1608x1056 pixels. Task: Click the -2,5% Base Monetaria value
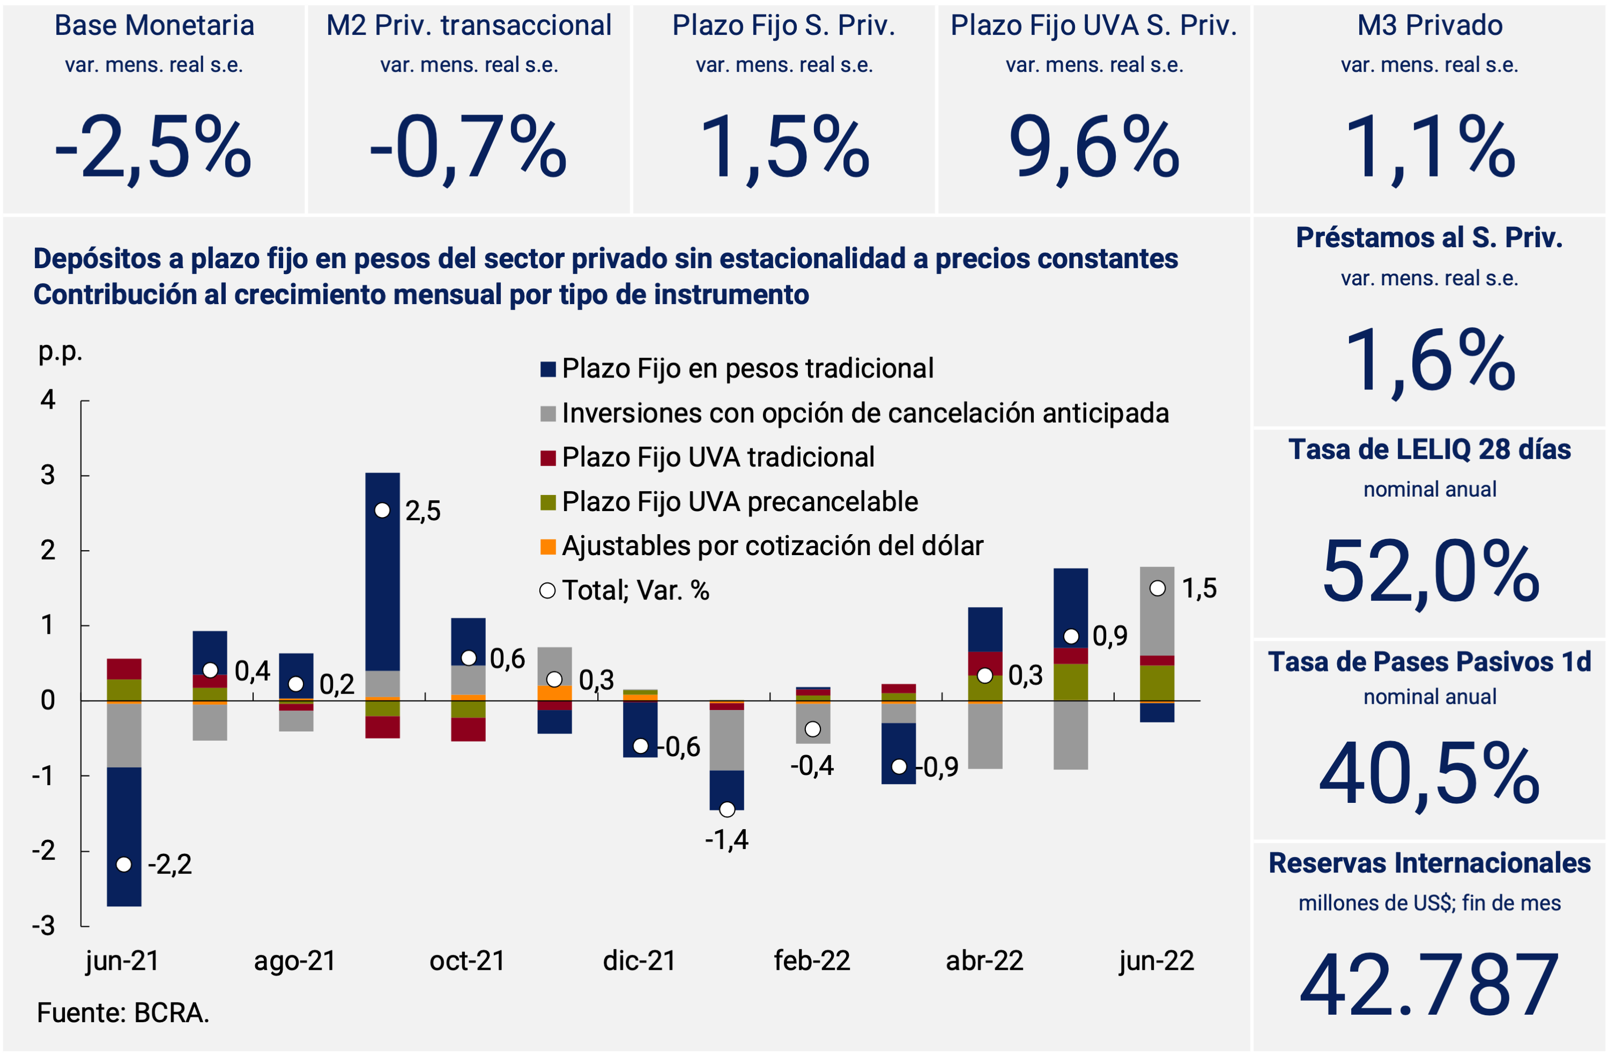(153, 147)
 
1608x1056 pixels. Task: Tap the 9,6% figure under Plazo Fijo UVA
(1093, 147)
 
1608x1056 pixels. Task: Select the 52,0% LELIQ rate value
(1429, 572)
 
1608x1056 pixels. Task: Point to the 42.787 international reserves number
(1429, 985)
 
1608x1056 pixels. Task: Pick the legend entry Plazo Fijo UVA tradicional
(717, 457)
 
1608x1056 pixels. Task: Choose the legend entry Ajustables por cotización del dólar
(772, 546)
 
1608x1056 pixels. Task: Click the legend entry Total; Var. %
(635, 591)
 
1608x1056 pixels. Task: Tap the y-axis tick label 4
(48, 400)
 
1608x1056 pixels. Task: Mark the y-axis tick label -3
(45, 926)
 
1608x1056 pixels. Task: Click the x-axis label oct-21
(468, 961)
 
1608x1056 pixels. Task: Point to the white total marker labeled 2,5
(382, 511)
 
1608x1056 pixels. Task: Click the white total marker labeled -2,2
(124, 865)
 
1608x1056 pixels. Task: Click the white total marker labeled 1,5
(1158, 588)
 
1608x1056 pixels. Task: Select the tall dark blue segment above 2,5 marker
(382, 574)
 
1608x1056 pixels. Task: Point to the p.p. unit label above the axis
(60, 351)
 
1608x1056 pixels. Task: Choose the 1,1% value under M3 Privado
(1429, 147)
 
